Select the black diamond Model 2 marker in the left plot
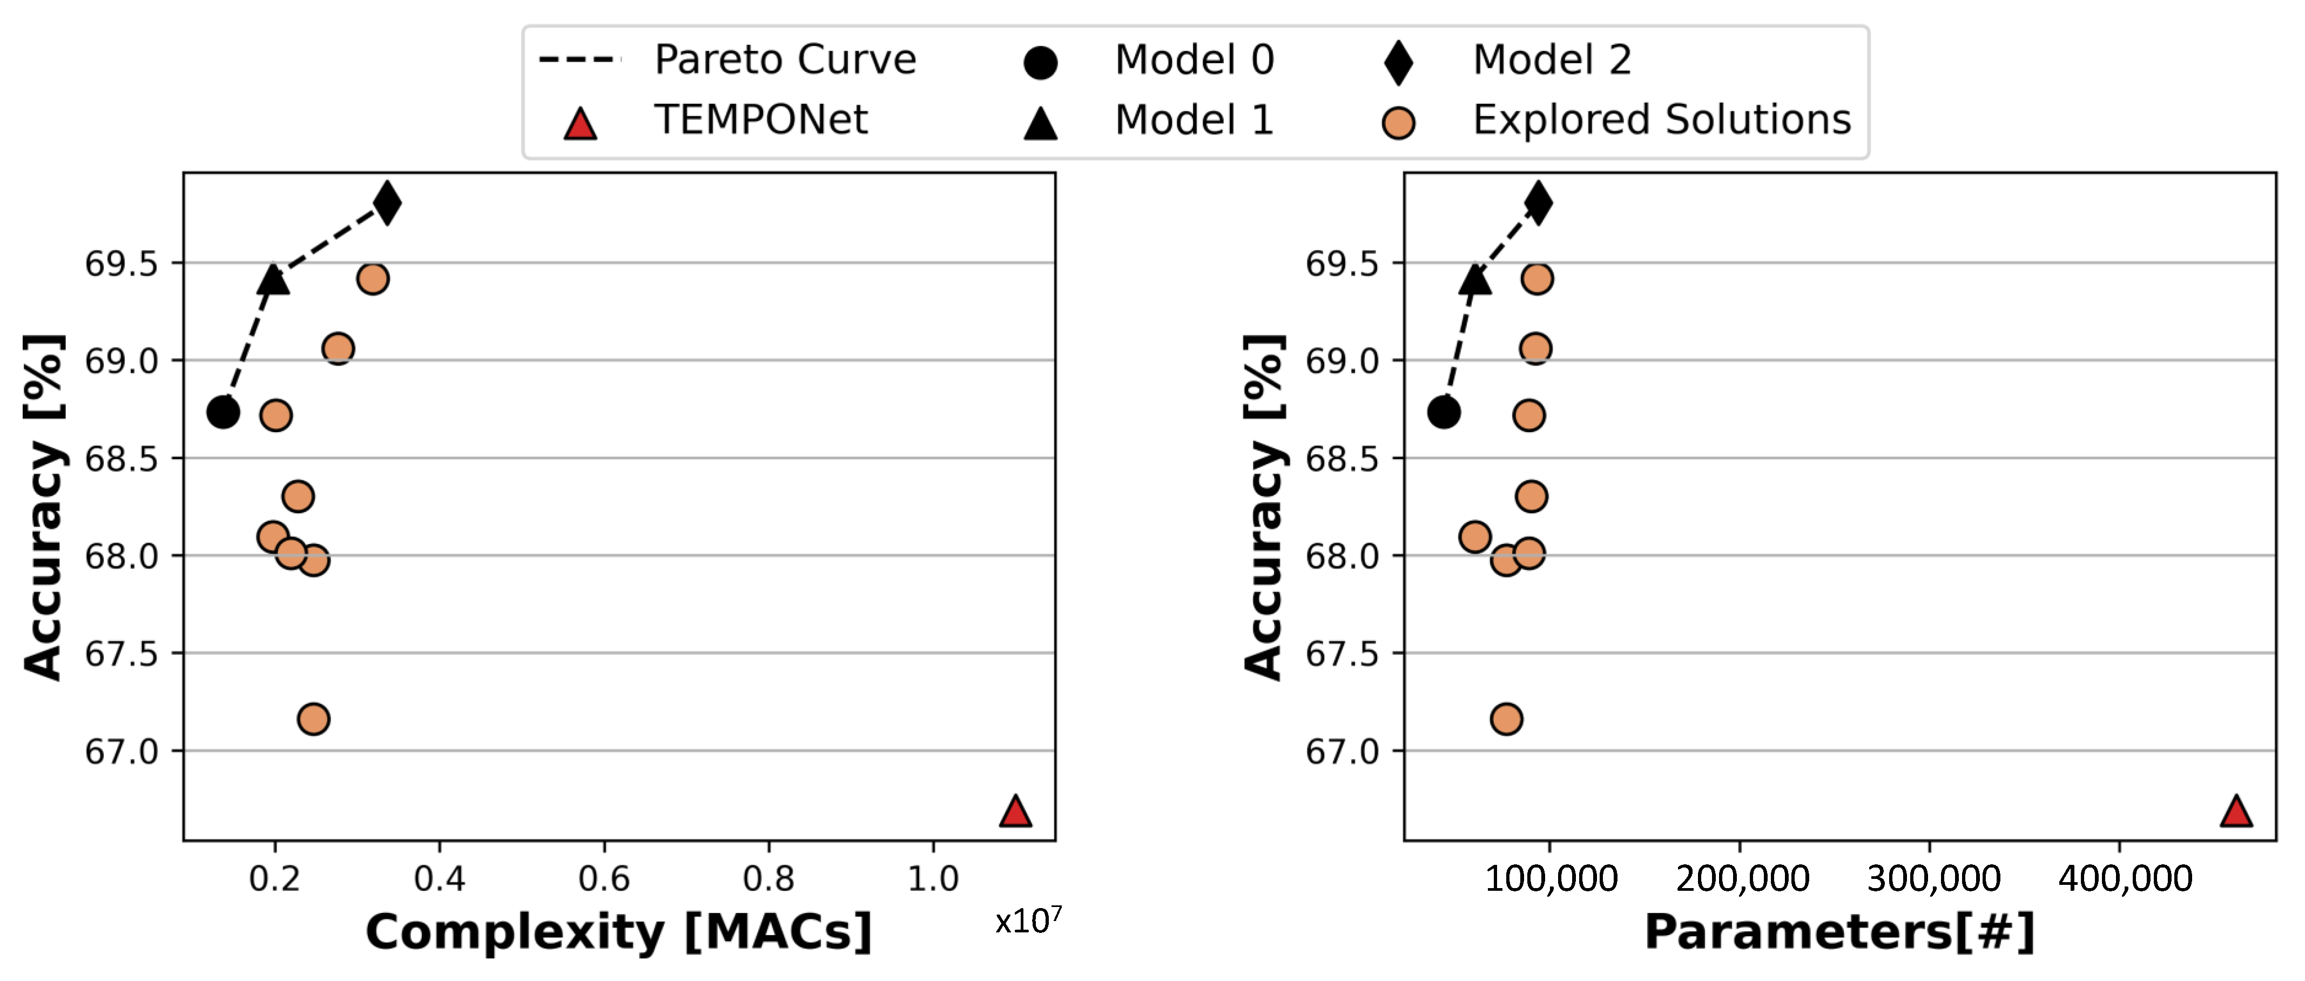click(387, 202)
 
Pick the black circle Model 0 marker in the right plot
click(1443, 412)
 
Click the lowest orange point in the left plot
click(313, 719)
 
